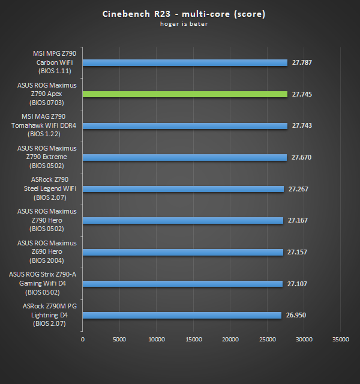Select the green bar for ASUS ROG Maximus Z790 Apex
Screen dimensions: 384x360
point(185,94)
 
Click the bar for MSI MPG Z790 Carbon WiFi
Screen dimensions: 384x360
point(185,62)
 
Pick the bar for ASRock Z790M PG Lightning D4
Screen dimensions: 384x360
point(182,315)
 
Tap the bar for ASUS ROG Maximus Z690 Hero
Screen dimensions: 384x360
point(182,252)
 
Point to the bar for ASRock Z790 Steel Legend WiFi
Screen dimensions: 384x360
point(183,189)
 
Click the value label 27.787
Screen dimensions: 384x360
point(302,62)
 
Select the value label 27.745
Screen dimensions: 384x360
point(302,94)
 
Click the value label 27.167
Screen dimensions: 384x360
point(298,220)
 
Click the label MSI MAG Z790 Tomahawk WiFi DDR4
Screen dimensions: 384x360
point(47,125)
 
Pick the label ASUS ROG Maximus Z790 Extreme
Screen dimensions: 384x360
point(47,157)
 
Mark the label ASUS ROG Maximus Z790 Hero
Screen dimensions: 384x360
point(47,220)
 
